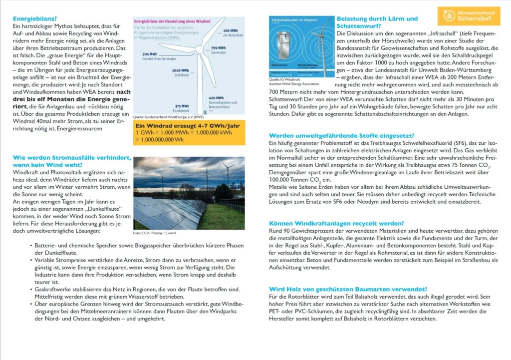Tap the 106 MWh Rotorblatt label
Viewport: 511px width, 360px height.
tap(233, 33)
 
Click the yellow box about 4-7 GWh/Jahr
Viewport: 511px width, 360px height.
tap(189, 132)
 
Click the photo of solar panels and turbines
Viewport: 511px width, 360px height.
tap(189, 193)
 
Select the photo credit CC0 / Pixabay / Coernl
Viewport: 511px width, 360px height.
tap(155, 233)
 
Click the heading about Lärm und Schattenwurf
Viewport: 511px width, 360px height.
tap(377, 22)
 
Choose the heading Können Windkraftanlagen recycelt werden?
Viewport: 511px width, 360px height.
tap(336, 223)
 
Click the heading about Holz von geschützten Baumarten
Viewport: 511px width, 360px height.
tap(347, 289)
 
